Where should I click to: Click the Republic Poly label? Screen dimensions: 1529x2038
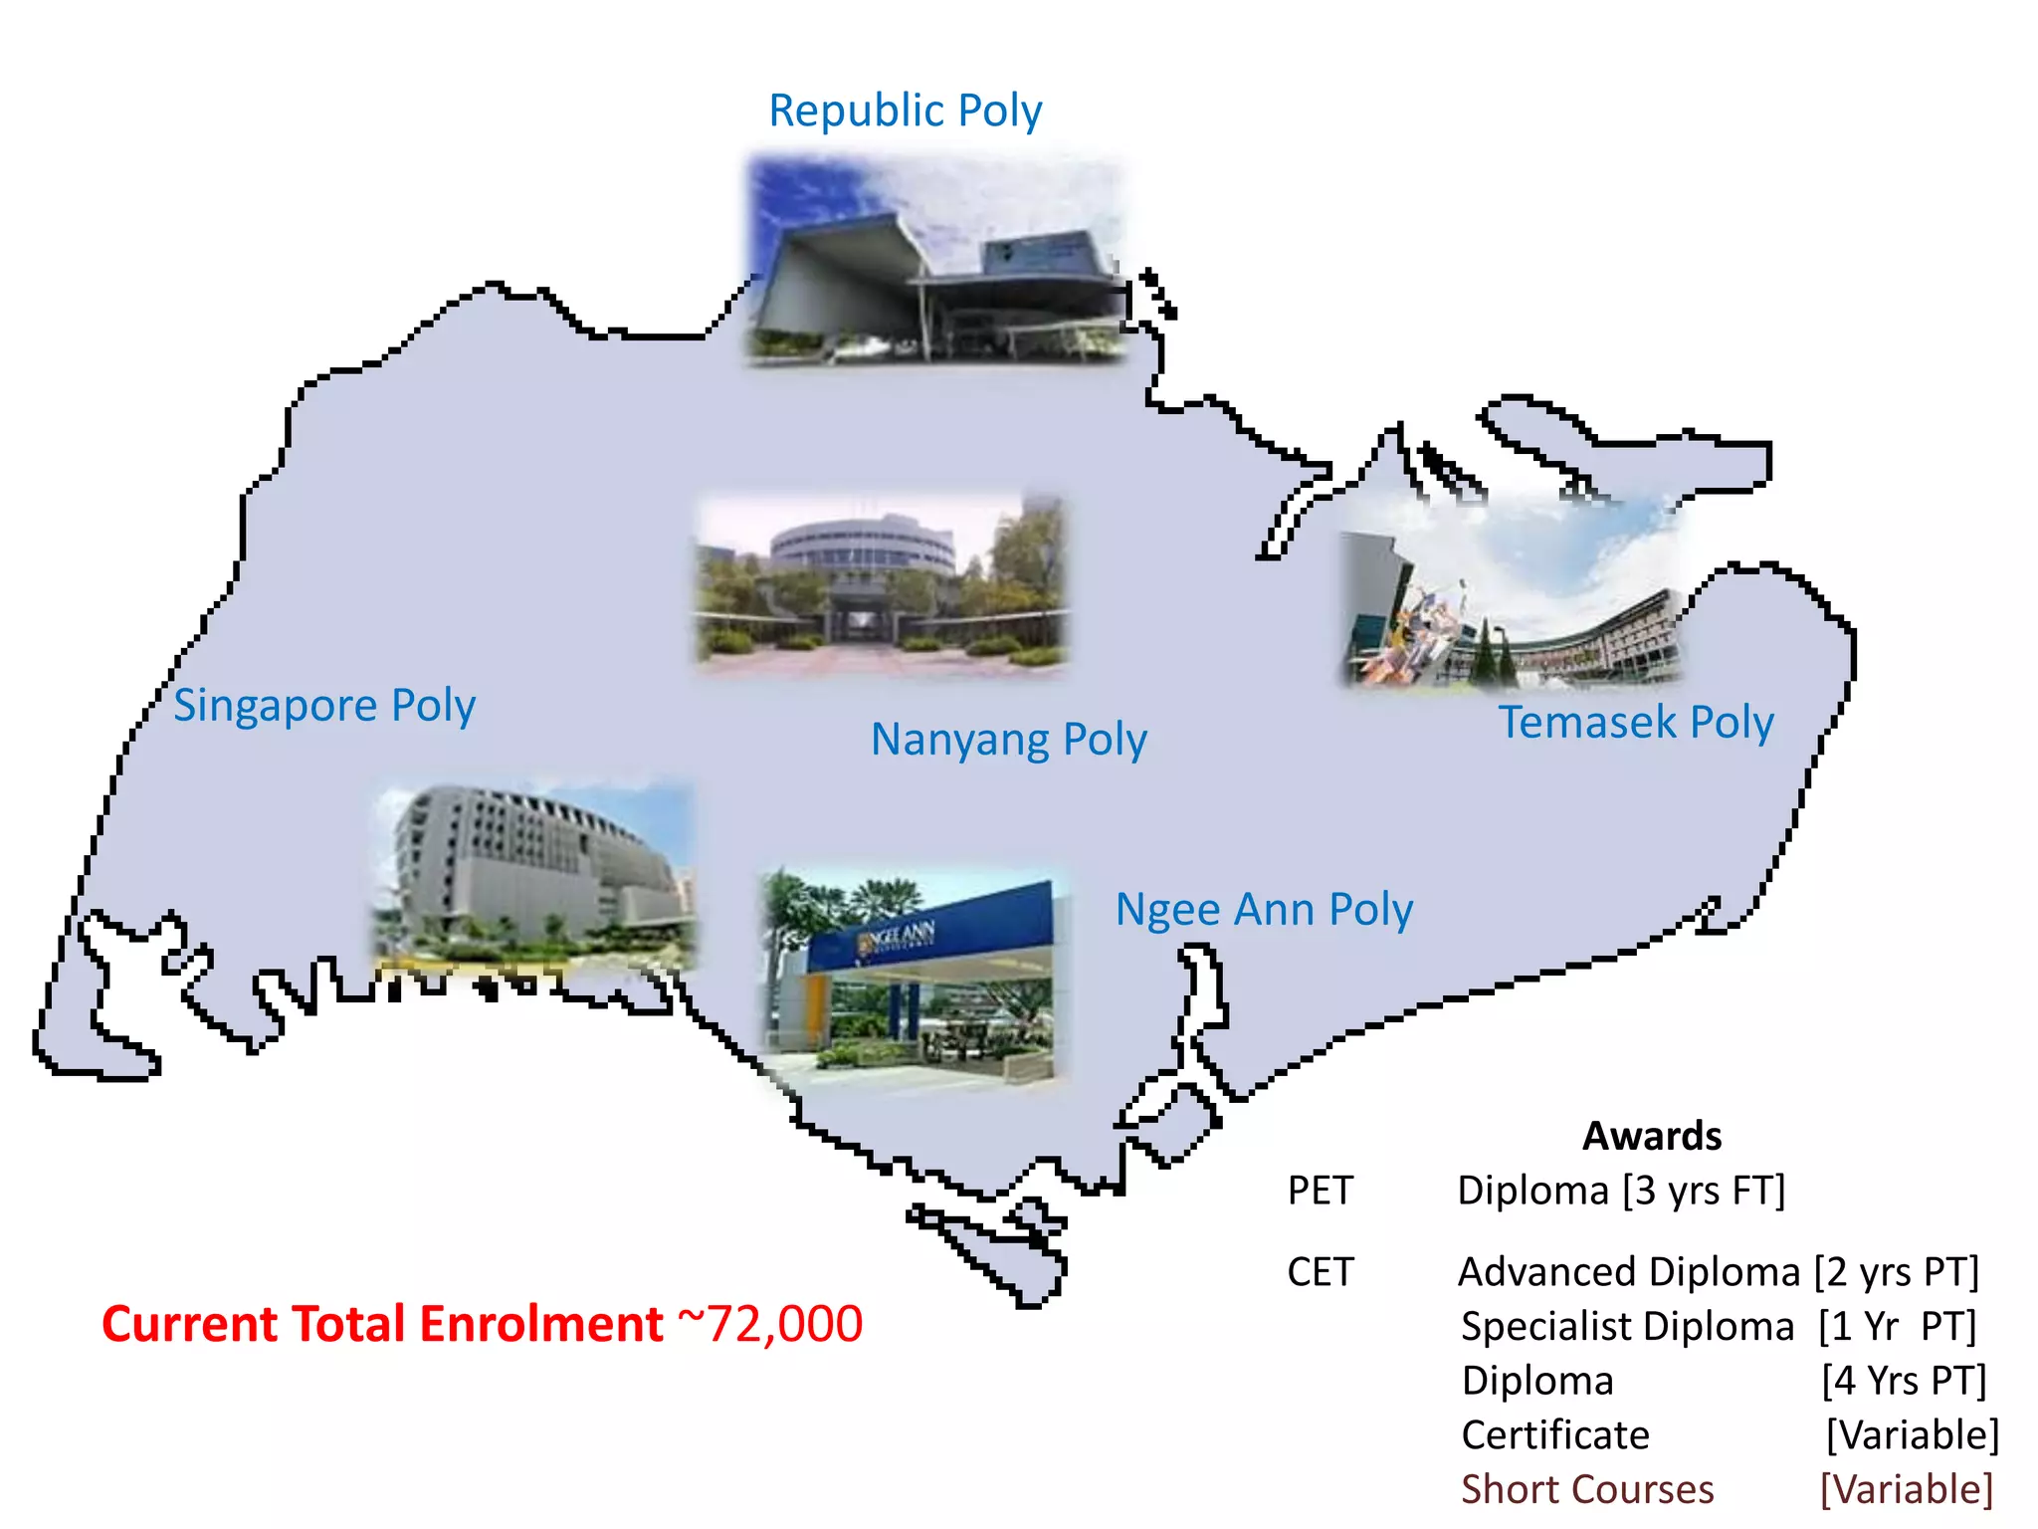click(905, 111)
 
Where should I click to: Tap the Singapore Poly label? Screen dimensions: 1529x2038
click(324, 706)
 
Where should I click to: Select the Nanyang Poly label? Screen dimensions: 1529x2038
click(1008, 741)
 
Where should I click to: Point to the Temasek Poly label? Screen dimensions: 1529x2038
click(1636, 723)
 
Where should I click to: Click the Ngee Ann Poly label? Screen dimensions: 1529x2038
click(1263, 910)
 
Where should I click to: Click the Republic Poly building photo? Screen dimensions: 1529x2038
click(935, 261)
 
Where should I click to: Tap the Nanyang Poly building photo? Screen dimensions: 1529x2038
click(881, 582)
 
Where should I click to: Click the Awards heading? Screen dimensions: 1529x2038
click(1651, 1136)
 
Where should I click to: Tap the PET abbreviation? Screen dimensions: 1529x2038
click(1320, 1191)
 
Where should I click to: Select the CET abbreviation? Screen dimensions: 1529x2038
click(1320, 1272)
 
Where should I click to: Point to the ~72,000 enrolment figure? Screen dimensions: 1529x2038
click(770, 1325)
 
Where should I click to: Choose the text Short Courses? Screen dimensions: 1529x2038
click(1586, 1490)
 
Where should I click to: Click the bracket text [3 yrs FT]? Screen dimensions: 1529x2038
click(1704, 1191)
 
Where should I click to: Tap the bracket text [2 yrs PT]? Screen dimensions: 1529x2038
click(1896, 1272)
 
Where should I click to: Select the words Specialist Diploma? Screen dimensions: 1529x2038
click(1627, 1327)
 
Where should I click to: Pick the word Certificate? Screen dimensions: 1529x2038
click(1554, 1435)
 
